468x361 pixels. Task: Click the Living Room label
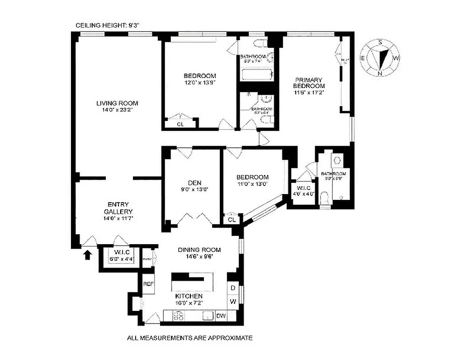(117, 103)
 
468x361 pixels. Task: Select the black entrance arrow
(87, 255)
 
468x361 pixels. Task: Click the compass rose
(380, 58)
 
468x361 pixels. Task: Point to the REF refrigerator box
(148, 284)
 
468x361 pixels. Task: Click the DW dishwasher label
(221, 316)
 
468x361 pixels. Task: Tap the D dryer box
(233, 288)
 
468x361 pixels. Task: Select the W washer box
(233, 301)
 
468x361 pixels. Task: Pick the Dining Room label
(199, 250)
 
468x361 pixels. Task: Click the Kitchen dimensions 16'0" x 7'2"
(189, 302)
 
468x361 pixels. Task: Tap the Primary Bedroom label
(309, 83)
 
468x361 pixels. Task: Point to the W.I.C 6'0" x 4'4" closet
(118, 256)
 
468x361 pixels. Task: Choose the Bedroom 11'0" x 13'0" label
(253, 177)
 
